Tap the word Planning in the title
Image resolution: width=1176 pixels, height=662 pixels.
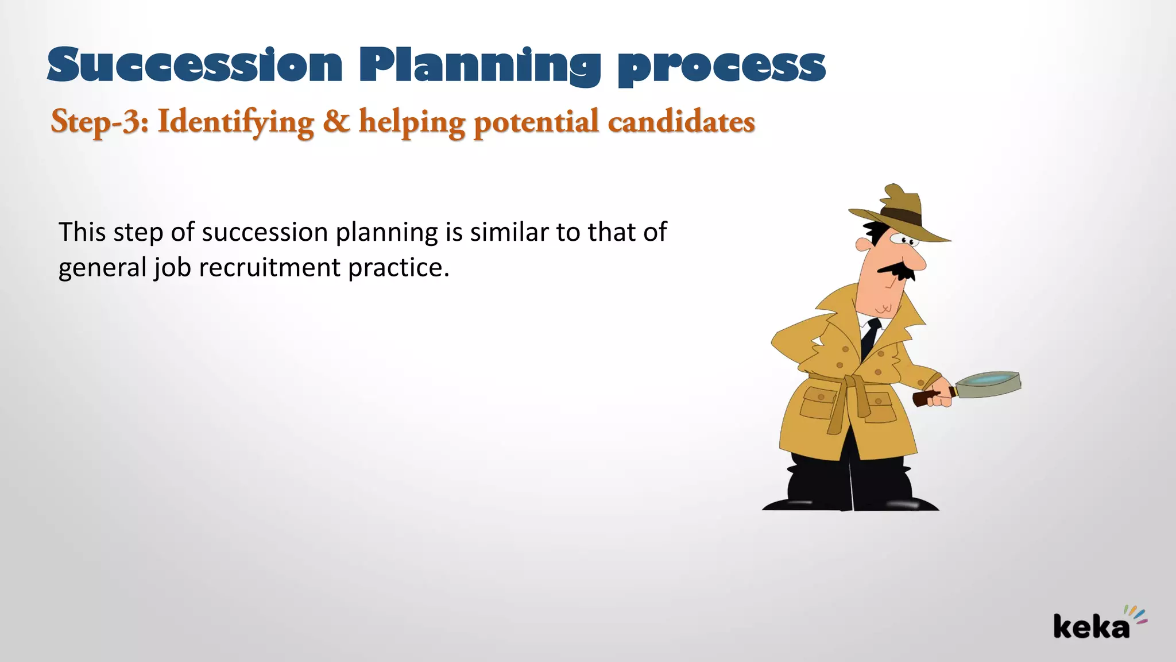[479, 66]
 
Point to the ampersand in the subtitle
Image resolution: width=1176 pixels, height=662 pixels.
[336, 121]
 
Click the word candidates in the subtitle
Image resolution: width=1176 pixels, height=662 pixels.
[681, 122]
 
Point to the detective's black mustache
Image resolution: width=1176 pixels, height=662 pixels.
[896, 270]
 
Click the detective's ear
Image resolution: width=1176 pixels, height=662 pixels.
[862, 244]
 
